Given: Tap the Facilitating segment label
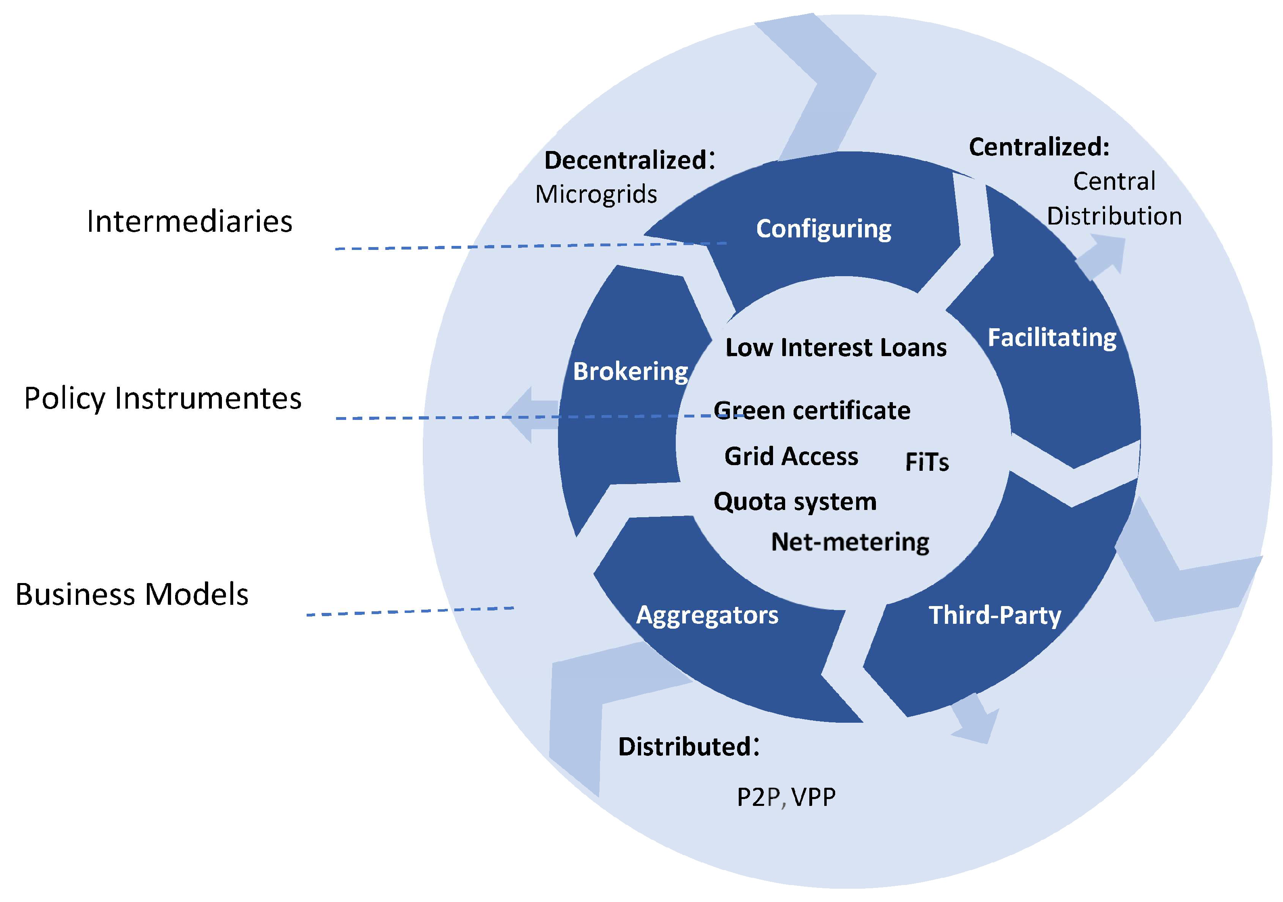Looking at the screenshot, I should [x=1052, y=338].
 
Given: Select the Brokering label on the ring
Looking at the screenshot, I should [x=630, y=371].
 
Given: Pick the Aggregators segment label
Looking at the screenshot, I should [x=707, y=615].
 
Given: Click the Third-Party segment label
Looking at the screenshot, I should [x=995, y=615].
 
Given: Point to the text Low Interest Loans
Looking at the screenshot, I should [x=836, y=347].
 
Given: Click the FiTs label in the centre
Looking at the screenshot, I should [x=926, y=462].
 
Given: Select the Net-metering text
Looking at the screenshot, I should [x=849, y=542].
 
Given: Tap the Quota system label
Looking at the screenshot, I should [x=794, y=501].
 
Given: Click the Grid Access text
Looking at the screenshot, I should [x=791, y=456].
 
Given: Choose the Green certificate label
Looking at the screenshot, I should [x=812, y=411].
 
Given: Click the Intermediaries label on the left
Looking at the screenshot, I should [x=190, y=221].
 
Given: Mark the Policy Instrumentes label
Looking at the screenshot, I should [x=163, y=399].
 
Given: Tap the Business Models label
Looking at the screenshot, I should [x=132, y=594].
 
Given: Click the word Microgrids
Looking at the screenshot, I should [x=596, y=195].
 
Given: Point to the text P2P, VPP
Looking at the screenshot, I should [x=786, y=797].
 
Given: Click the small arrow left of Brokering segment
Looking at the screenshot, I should [x=528, y=415].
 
